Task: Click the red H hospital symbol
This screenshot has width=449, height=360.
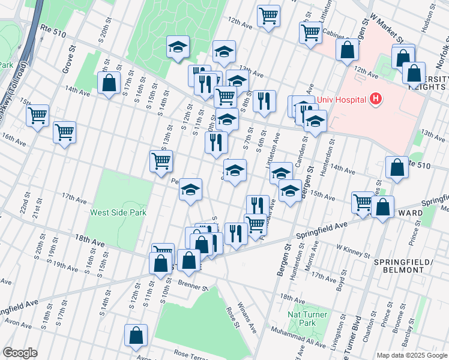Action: coord(376,98)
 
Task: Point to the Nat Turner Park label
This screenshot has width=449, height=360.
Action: coord(307,319)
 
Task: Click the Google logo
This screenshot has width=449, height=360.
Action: coord(20,353)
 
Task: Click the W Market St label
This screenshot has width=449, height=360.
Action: coord(387,35)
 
